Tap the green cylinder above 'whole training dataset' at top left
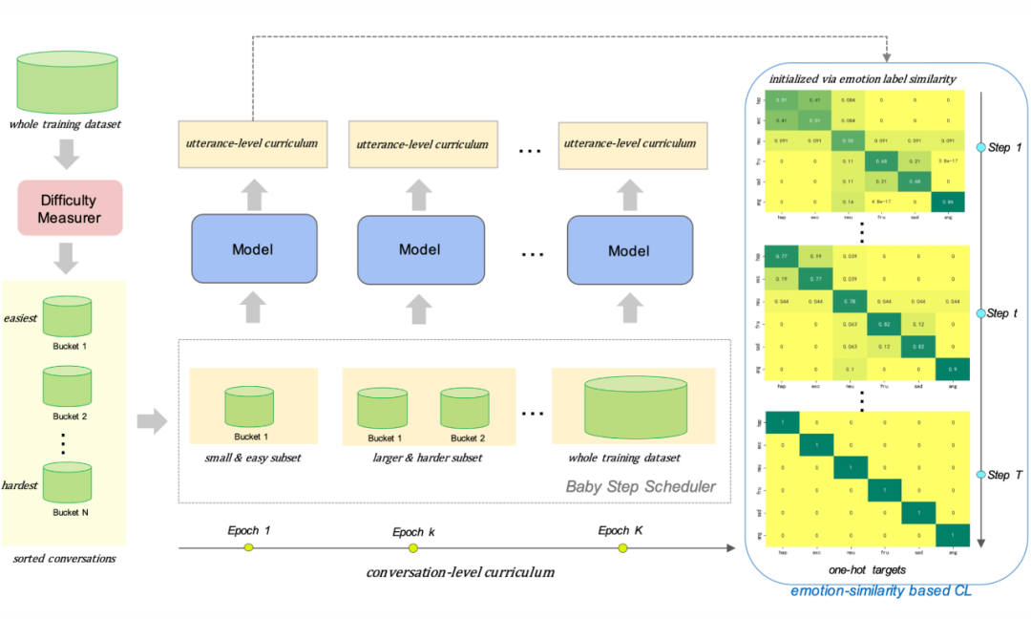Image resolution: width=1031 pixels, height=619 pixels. click(x=67, y=84)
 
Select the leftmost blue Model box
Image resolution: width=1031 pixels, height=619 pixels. click(x=253, y=249)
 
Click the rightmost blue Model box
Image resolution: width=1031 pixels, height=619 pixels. click(x=628, y=249)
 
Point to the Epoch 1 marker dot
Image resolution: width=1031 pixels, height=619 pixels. click(x=248, y=547)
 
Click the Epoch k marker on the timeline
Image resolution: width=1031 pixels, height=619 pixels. click(x=413, y=548)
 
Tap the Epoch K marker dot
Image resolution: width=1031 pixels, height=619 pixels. click(x=622, y=547)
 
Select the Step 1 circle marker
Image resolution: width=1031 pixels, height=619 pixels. click(x=979, y=148)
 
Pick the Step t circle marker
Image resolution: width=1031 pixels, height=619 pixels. click(x=979, y=313)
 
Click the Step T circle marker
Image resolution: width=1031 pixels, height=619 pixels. click(x=979, y=475)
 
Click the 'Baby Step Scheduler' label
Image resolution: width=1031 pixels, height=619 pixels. click(x=641, y=486)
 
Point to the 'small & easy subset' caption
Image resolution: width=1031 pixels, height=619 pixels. click(x=252, y=458)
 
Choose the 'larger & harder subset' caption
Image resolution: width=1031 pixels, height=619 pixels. click(x=427, y=458)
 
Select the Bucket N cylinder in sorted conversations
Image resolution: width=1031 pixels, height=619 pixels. click(x=67, y=484)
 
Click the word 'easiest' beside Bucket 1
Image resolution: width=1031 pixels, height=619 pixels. click(x=20, y=318)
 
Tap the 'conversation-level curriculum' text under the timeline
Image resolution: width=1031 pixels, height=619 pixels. click(x=460, y=573)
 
